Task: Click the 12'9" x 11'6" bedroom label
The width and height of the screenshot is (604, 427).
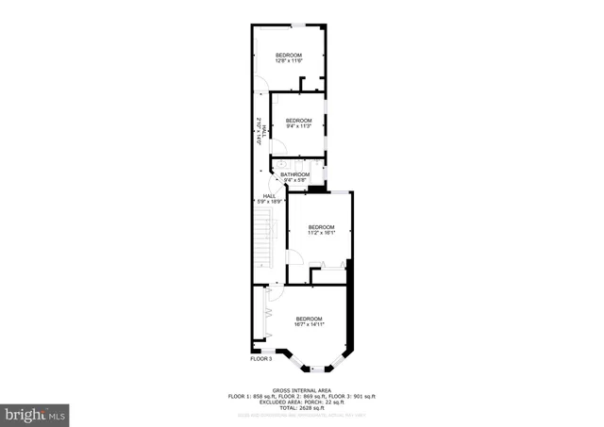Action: point(289,58)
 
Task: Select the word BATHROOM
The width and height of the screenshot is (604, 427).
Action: point(295,174)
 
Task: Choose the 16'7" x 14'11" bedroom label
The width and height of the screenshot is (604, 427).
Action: point(309,321)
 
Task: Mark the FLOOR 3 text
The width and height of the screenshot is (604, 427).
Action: point(260,358)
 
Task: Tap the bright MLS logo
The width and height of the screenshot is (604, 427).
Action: point(36,413)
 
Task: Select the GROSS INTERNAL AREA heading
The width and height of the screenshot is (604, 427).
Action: point(301,389)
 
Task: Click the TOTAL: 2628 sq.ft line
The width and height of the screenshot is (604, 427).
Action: point(301,406)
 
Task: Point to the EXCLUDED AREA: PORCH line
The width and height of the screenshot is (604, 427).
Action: point(301,401)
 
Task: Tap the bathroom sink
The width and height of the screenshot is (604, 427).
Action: point(283,165)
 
